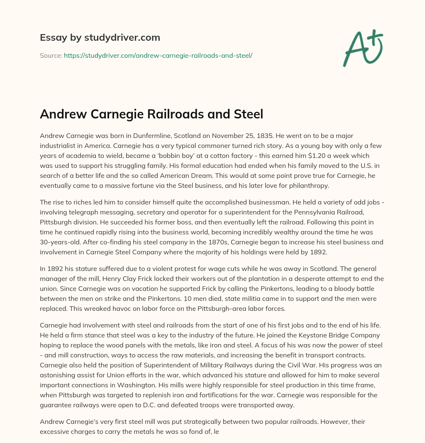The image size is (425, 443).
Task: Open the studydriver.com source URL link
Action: (158, 55)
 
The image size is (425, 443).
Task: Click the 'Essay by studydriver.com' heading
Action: (100, 38)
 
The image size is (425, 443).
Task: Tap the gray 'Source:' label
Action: (51, 55)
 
